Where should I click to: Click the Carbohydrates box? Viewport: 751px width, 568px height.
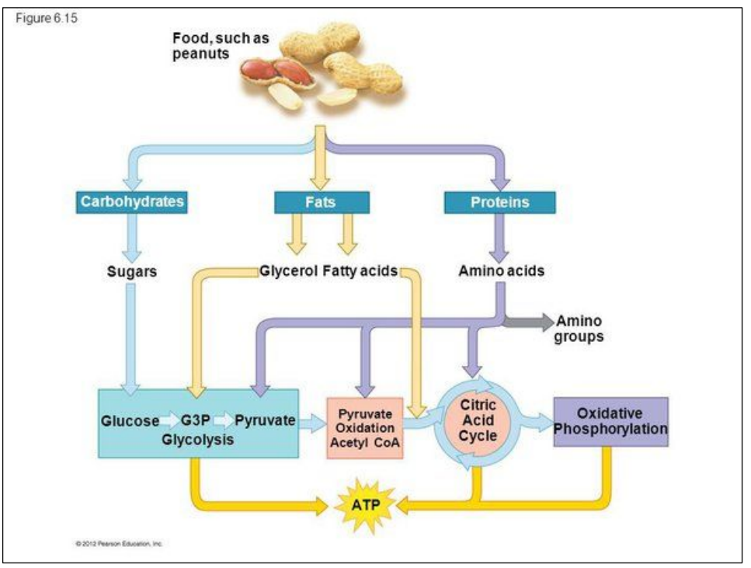(133, 202)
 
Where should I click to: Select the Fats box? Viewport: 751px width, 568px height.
(322, 202)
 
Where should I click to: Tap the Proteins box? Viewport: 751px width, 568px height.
(499, 202)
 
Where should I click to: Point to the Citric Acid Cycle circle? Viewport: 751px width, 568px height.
(478, 420)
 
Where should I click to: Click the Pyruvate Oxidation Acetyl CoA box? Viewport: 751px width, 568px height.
(365, 427)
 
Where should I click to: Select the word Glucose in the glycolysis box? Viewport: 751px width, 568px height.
(129, 421)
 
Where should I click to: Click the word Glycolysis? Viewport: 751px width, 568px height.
(198, 439)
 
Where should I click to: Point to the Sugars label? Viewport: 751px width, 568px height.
(132, 272)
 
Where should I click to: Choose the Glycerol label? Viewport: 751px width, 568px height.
(289, 271)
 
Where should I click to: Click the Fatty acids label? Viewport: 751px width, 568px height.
(360, 271)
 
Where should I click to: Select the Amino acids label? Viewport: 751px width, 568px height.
(501, 271)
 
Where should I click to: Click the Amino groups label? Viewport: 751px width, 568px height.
(579, 329)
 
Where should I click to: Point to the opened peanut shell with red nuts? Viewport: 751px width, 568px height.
(278, 74)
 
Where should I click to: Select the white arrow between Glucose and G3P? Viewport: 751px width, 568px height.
(169, 421)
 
